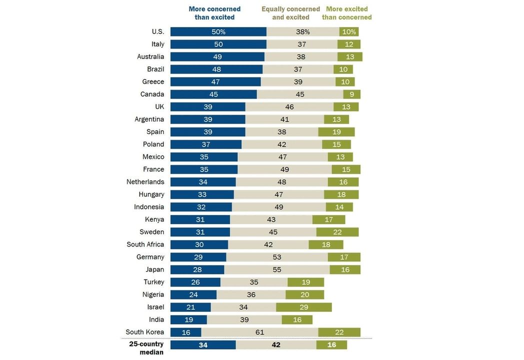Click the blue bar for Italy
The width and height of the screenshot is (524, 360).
click(x=218, y=44)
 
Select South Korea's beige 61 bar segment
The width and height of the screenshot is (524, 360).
click(x=259, y=332)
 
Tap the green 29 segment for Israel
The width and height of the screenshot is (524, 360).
click(x=303, y=307)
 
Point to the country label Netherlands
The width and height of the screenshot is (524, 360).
click(x=145, y=182)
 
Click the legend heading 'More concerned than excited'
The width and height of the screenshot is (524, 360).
click(x=214, y=13)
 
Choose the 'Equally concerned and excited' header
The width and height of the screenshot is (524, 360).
click(x=290, y=13)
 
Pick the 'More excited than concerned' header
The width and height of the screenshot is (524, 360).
click(x=346, y=13)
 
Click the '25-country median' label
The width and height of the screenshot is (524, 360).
click(x=146, y=348)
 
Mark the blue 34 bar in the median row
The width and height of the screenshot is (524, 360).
click(x=203, y=345)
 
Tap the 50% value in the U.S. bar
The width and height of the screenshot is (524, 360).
click(x=218, y=32)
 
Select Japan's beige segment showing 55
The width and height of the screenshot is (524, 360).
click(x=277, y=269)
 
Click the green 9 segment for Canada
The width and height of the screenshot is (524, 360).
click(x=351, y=94)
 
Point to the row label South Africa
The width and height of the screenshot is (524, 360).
click(x=145, y=244)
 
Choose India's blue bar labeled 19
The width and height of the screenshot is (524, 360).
click(x=188, y=319)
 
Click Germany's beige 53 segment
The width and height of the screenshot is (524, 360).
click(x=277, y=257)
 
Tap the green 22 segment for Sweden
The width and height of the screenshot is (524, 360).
click(x=337, y=232)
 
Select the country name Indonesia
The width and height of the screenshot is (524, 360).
click(x=149, y=207)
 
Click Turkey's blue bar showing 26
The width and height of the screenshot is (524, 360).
click(x=195, y=282)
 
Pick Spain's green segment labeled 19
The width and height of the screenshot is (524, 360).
click(x=336, y=132)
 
